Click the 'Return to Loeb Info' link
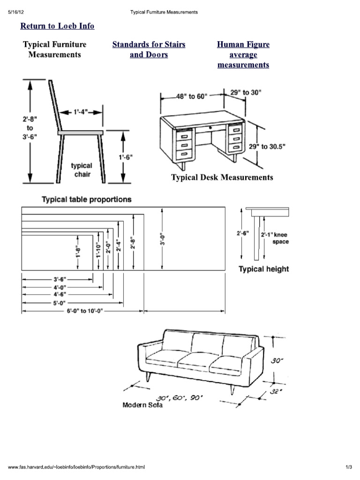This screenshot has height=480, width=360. point(57,26)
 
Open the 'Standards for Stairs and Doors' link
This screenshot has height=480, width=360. point(149,50)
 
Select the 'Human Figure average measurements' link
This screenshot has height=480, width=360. point(243,55)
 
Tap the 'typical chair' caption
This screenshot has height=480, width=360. point(82,170)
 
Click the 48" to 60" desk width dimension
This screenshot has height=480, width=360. point(191,97)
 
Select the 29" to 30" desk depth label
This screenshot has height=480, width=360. point(246,93)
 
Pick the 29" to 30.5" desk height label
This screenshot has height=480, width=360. point(267,147)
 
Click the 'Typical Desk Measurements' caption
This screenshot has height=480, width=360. point(222,178)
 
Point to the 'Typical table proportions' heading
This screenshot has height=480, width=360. point(87,199)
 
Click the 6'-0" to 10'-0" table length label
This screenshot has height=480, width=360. point(84,311)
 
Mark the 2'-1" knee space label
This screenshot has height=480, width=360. point(275,238)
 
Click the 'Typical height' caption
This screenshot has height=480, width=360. point(263,269)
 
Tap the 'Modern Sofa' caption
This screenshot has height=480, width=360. point(142,405)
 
